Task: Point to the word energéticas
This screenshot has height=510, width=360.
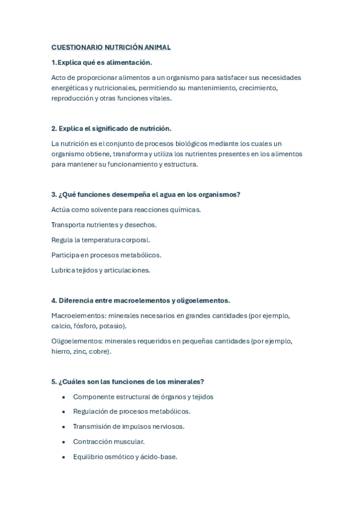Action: [70, 88]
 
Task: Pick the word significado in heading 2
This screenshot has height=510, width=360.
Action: [105, 129]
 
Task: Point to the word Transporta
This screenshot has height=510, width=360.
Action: [68, 225]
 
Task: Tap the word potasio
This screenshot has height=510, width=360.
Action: [113, 326]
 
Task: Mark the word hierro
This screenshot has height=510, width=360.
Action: [61, 352]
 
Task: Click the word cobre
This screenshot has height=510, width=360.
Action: [100, 352]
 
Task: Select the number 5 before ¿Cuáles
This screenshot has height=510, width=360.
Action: [53, 382]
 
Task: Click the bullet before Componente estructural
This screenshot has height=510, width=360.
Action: [64, 397]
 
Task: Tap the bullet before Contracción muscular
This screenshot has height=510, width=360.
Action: [64, 442]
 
